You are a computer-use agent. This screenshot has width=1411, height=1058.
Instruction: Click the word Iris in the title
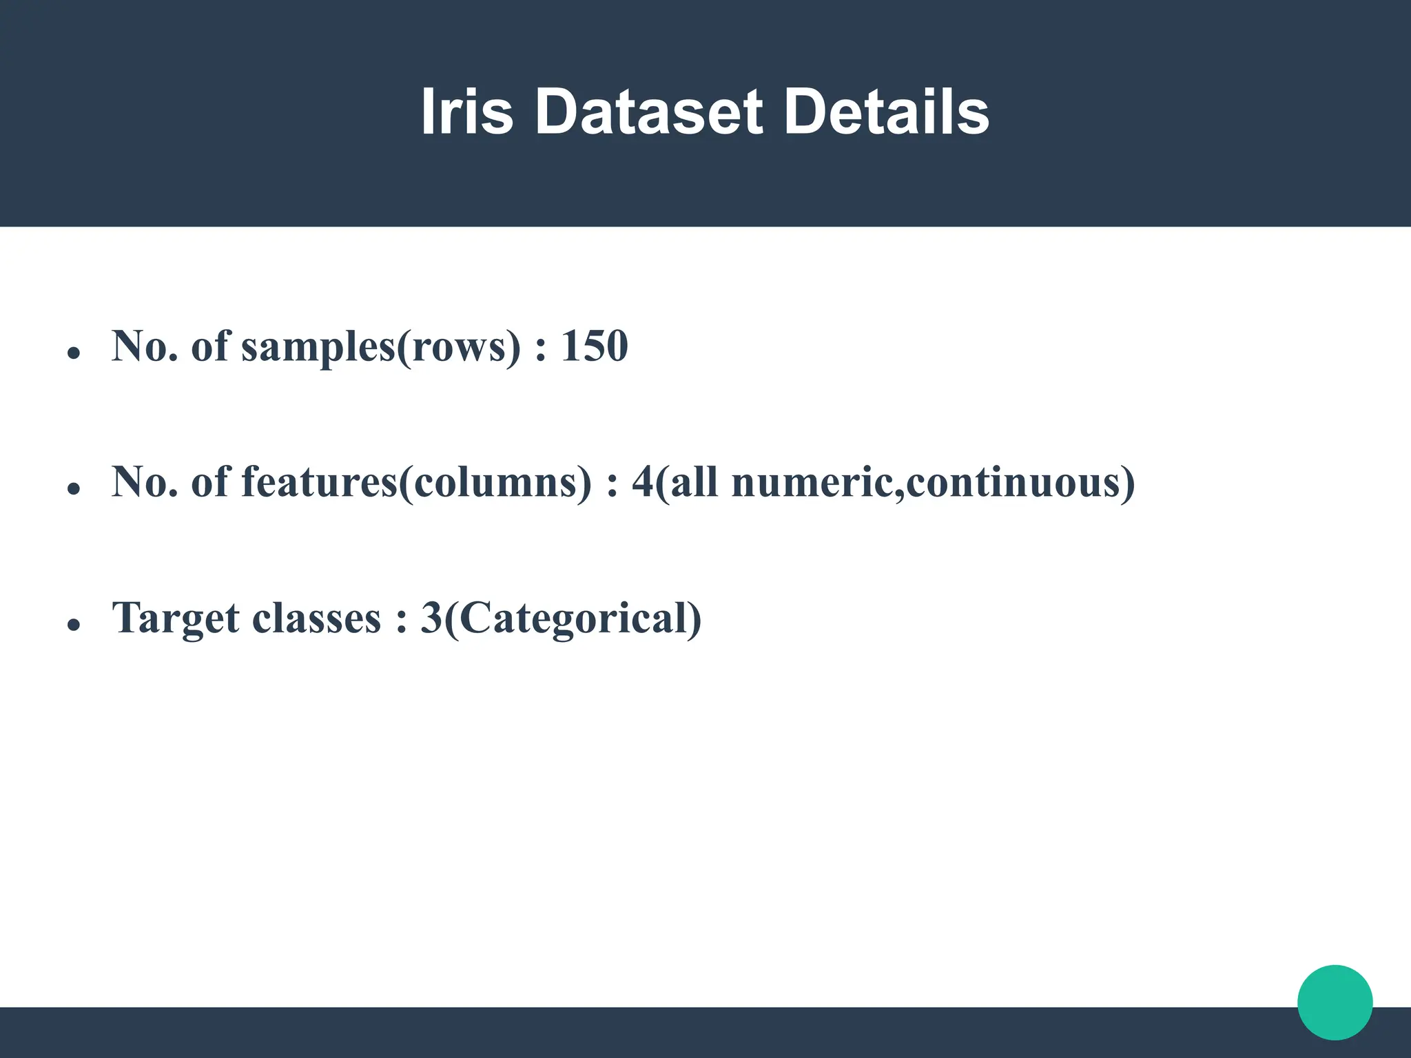[466, 112]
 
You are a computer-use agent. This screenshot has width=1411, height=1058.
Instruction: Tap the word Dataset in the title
[648, 112]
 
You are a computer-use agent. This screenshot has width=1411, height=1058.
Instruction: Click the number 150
[594, 346]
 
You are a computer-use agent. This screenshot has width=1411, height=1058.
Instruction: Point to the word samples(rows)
[381, 347]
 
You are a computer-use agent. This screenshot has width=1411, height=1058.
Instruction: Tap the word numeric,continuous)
[933, 482]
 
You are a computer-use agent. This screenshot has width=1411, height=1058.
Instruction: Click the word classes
[316, 618]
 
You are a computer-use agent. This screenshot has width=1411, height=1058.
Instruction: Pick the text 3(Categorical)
[561, 618]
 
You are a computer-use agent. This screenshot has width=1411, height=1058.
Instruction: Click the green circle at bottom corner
[1335, 1002]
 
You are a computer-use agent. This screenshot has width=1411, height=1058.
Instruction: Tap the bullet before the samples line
[74, 353]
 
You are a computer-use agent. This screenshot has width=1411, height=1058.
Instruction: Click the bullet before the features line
[74, 489]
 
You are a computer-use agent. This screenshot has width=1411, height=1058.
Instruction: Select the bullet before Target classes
[74, 625]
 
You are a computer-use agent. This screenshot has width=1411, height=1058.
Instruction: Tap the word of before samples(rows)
[209, 346]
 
